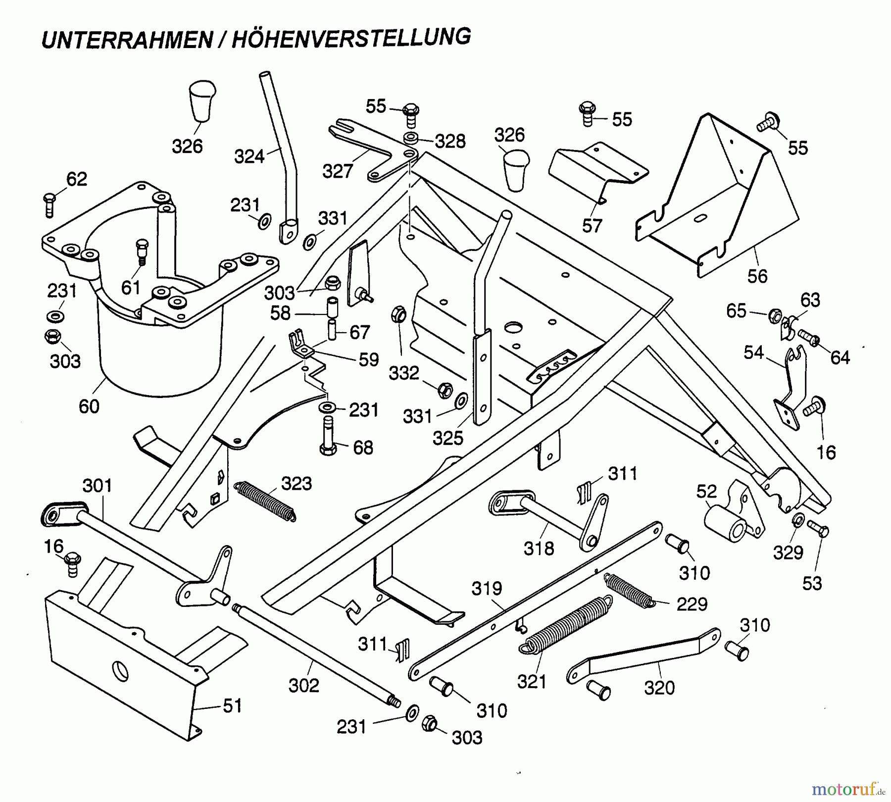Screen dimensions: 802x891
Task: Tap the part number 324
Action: pyautogui.click(x=249, y=156)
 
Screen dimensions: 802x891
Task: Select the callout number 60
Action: pyautogui.click(x=89, y=406)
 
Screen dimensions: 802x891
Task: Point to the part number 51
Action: pyautogui.click(x=232, y=705)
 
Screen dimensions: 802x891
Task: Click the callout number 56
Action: pyautogui.click(x=757, y=276)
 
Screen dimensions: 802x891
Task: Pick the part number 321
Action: pyautogui.click(x=532, y=682)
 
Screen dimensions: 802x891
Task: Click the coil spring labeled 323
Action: pyautogui.click(x=265, y=501)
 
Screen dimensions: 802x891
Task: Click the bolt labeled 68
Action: pyautogui.click(x=328, y=436)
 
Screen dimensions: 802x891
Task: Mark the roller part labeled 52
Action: pyautogui.click(x=725, y=525)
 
